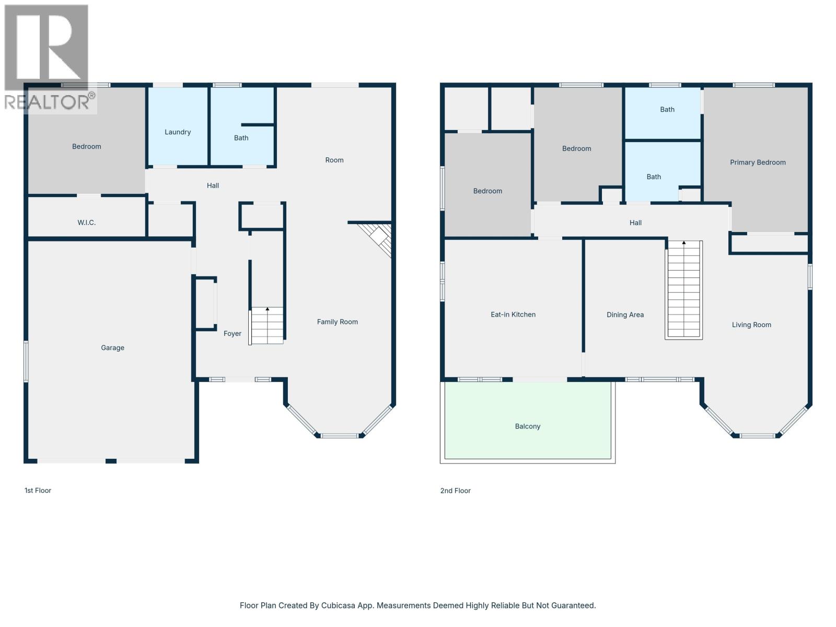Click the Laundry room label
[x=178, y=132]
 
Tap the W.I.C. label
[x=87, y=223]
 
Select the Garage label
[x=112, y=348]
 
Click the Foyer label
[x=233, y=334]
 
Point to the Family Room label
[x=337, y=322]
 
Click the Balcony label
[x=527, y=426]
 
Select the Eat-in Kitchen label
[x=513, y=315]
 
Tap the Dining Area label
[x=625, y=315]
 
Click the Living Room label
[x=751, y=325]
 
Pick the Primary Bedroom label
[x=757, y=162]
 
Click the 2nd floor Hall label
[x=635, y=223]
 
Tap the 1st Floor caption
[x=38, y=491]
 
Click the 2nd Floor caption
[x=455, y=491]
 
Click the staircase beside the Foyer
[x=267, y=326]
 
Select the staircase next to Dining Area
[x=683, y=290]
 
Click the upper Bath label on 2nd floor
[x=667, y=110]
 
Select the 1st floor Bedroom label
[x=87, y=147]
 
